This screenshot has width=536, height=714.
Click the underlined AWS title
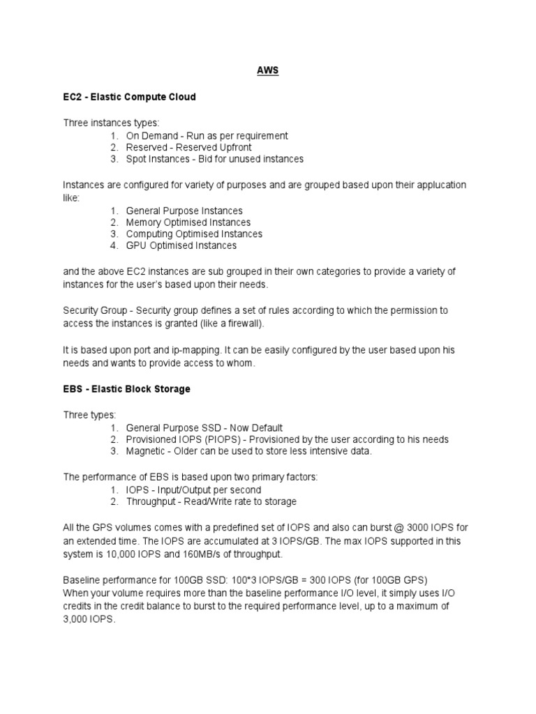[269, 71]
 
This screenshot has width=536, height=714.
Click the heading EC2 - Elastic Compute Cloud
[129, 97]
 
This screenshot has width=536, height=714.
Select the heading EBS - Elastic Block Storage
[126, 389]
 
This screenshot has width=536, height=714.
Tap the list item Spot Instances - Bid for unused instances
[214, 159]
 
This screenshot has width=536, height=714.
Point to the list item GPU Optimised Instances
[181, 245]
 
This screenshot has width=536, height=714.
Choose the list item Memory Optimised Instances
[188, 222]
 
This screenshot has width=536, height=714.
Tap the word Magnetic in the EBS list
[145, 451]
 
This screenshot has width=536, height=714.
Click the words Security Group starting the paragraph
[96, 310]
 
